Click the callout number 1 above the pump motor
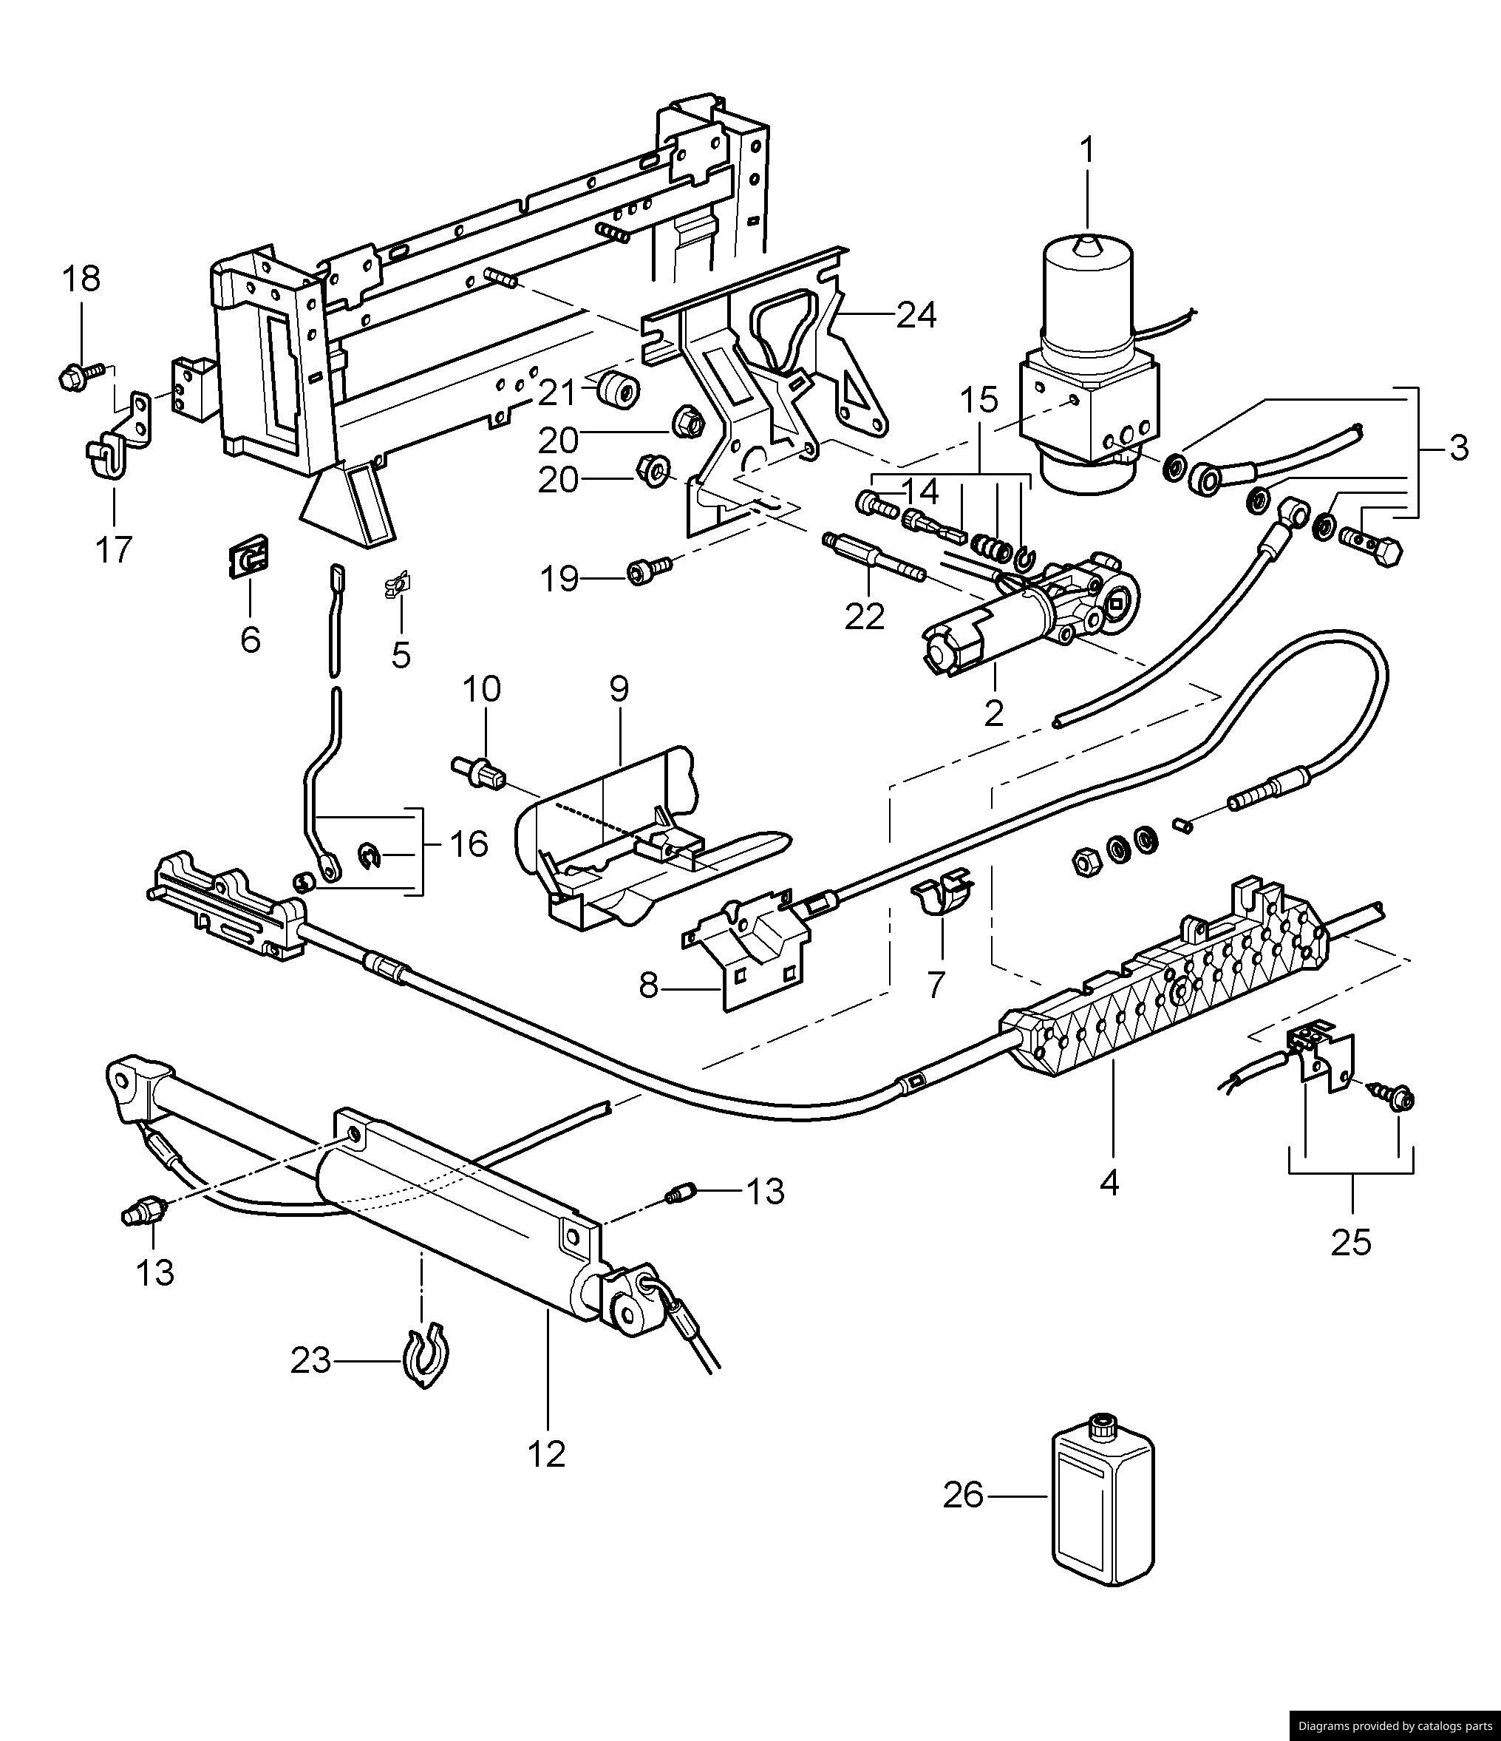pos(1088,152)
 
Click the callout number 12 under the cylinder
pos(547,1453)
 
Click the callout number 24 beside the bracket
pos(916,315)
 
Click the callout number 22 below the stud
pos(865,617)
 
